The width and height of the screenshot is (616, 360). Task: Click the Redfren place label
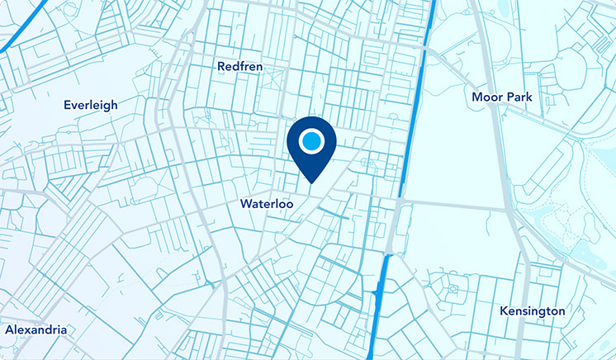(239, 66)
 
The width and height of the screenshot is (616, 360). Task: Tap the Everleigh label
(91, 105)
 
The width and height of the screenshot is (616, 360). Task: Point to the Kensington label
(533, 311)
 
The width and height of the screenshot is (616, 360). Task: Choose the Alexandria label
(36, 329)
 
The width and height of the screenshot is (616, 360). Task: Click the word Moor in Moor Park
(487, 97)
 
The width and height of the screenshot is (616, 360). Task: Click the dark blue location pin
(310, 145)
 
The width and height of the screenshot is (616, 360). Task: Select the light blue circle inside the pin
(310, 141)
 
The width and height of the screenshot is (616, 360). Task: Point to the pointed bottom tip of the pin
(310, 182)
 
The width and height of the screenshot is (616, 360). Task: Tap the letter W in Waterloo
(246, 203)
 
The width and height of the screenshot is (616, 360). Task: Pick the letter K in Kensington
(504, 311)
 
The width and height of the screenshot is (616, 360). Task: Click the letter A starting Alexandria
(9, 329)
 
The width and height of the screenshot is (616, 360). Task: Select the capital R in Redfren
(221, 66)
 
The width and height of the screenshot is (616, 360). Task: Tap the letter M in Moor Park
(477, 97)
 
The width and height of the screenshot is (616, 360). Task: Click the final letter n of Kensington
(562, 312)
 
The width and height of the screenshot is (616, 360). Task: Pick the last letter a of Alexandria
(63, 330)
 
